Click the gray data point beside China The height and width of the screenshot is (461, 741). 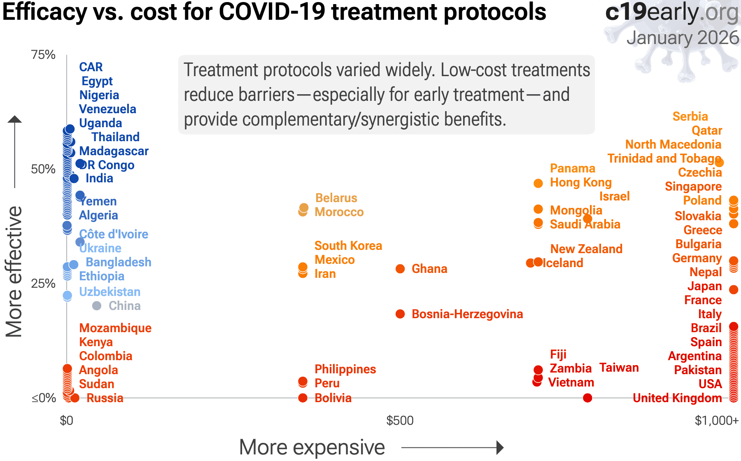pos(97,306)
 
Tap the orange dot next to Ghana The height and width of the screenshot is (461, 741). pos(400,269)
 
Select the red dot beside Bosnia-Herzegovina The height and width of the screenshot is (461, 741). pos(400,314)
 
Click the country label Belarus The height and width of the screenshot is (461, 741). pos(336,198)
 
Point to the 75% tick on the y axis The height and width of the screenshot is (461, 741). pos(43,55)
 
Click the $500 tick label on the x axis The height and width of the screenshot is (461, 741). pos(400,421)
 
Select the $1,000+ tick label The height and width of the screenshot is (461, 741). pos(716,421)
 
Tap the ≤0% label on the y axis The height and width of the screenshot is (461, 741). pos(44,398)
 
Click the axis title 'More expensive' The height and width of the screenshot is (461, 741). pos(312,447)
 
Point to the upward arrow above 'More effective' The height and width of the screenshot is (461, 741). pos(15,119)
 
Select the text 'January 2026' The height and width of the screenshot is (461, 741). pos(683,38)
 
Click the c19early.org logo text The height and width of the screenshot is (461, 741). pos(672,12)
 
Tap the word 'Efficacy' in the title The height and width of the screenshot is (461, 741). pos(44,12)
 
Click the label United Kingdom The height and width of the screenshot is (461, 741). pos(677,398)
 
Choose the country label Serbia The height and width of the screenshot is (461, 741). pos(690,116)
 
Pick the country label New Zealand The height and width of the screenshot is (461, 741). pos(586,249)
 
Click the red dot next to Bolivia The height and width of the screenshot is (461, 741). pos(303,398)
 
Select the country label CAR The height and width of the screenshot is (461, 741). pos(91,67)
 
